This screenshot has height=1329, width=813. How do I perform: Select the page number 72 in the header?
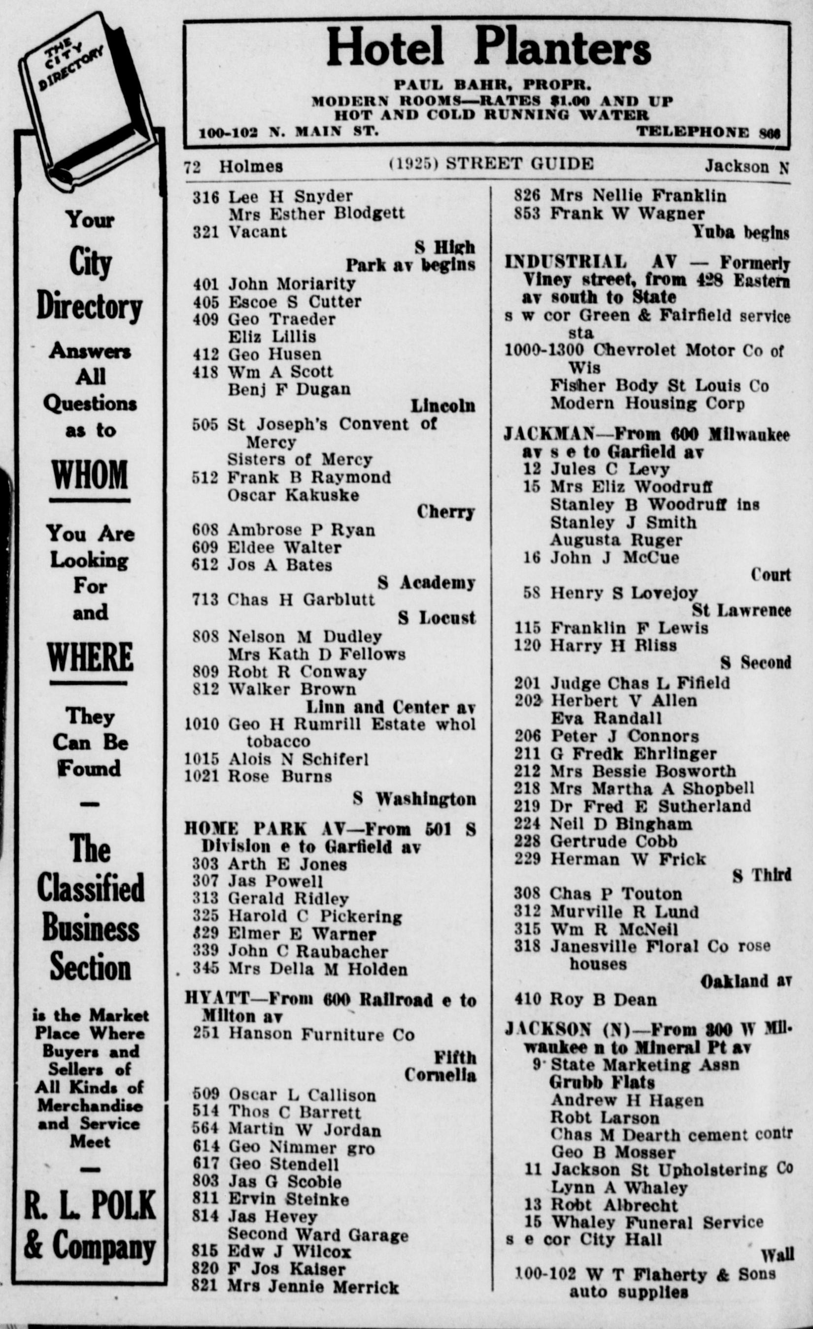tap(192, 167)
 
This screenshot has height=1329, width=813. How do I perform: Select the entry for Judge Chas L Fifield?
tap(640, 683)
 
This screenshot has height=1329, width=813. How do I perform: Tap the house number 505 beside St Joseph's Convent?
tap(205, 424)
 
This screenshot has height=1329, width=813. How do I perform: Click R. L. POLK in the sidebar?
tap(90, 1205)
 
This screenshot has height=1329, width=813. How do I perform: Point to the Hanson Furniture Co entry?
tap(321, 1034)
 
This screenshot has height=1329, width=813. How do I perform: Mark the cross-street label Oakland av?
tap(745, 981)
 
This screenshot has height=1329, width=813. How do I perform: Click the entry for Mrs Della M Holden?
tap(317, 969)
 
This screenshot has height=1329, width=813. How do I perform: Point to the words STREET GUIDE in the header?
tap(519, 164)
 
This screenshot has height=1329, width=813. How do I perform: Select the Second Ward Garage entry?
tap(318, 1235)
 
